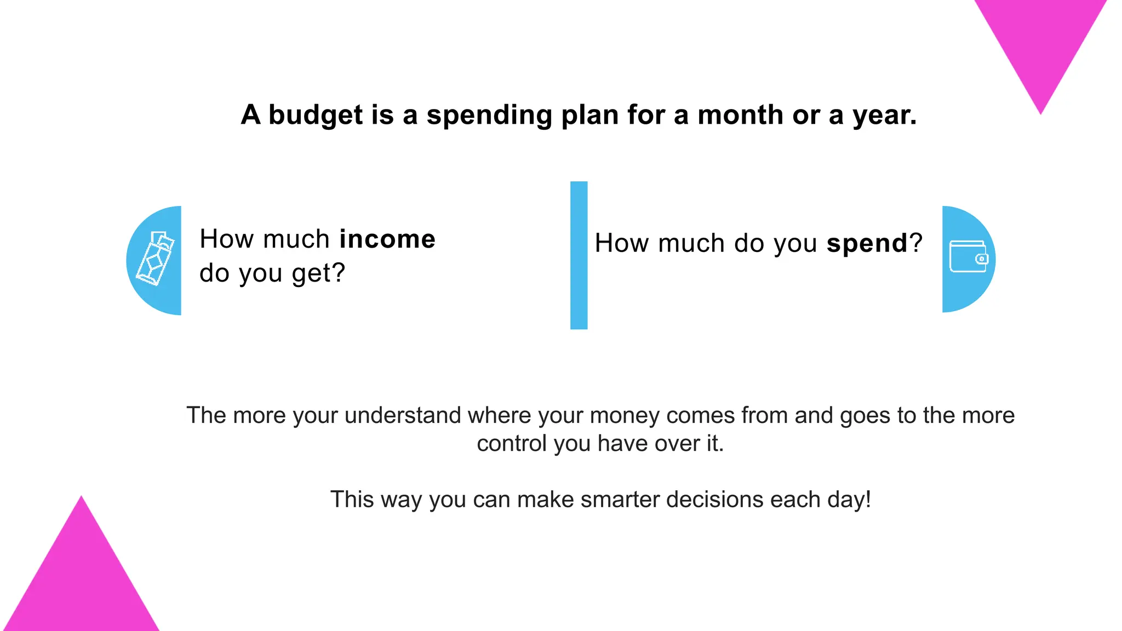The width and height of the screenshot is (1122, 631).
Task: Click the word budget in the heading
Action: (x=316, y=116)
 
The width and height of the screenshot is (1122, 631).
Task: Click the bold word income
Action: (x=387, y=239)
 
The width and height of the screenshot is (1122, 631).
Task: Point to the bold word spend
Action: (x=867, y=243)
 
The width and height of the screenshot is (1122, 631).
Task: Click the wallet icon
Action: (x=968, y=257)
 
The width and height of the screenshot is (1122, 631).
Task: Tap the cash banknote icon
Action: (x=155, y=259)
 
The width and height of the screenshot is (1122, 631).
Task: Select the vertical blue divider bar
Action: (x=579, y=255)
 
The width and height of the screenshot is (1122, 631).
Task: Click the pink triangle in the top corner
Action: (x=1040, y=44)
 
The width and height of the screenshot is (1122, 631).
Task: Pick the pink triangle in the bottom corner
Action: (x=81, y=581)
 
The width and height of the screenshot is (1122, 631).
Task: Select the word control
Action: (x=512, y=444)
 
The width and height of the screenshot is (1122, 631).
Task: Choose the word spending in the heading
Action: (x=489, y=116)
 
